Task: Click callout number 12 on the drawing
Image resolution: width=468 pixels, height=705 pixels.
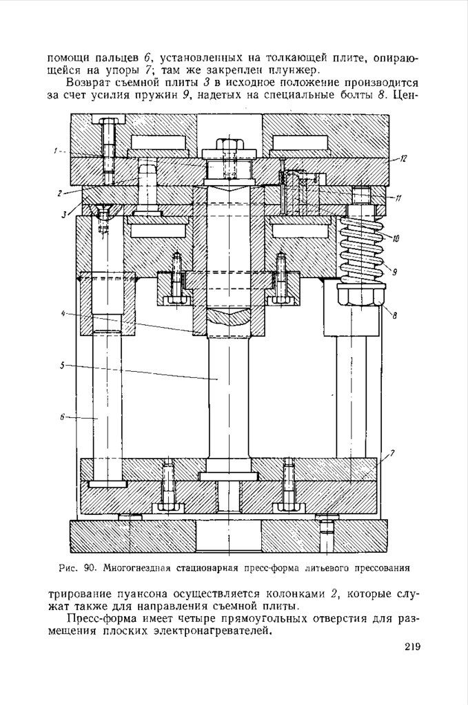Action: (403, 158)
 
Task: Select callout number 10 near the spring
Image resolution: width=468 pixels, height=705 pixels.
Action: (395, 239)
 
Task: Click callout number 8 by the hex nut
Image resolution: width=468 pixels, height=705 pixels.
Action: (394, 315)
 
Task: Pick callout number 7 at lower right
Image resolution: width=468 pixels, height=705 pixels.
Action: (392, 453)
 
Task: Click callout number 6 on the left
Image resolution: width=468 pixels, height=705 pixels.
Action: (61, 417)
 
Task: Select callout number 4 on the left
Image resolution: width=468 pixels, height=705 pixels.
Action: (63, 314)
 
